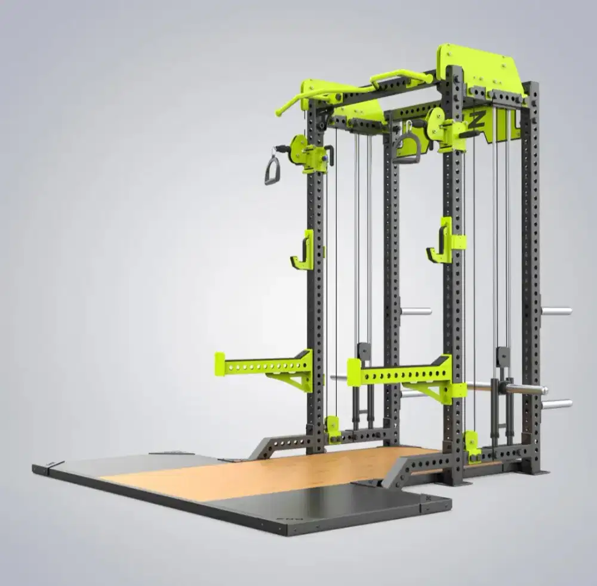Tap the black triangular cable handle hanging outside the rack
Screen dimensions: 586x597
tap(272, 170)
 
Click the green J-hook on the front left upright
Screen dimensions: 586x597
tap(303, 251)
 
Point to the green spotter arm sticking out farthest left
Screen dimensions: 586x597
tap(263, 366)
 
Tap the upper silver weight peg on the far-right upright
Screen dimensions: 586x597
tap(556, 310)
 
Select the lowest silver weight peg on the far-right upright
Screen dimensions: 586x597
tap(556, 404)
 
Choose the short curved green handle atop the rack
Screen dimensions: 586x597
tap(401, 76)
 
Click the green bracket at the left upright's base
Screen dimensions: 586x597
tap(333, 428)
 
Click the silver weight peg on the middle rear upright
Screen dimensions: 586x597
tap(416, 311)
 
